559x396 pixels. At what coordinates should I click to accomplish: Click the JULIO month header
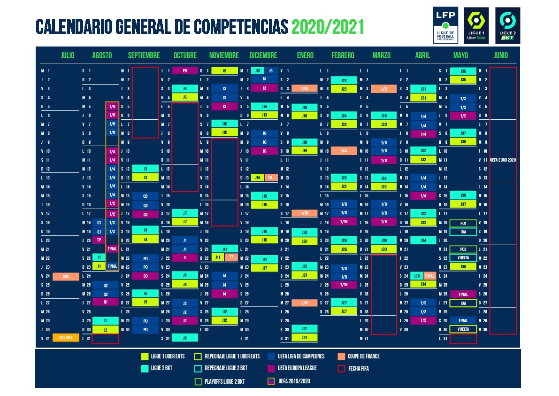[68, 55]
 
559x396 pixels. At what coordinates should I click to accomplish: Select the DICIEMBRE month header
[263, 55]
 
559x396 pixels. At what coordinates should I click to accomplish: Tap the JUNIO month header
[501, 55]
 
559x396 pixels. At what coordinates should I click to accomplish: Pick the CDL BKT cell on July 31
[66, 338]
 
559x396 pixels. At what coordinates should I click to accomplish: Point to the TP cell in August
[99, 240]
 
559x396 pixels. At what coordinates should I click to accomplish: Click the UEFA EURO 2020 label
[503, 160]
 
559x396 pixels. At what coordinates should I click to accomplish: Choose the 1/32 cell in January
[305, 89]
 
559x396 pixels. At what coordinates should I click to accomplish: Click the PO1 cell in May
[463, 223]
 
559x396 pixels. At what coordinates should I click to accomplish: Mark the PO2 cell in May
[463, 249]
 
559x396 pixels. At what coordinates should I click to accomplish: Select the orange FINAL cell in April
[429, 276]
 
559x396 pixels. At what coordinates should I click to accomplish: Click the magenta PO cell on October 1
[185, 71]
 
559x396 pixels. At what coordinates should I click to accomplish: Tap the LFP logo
[445, 25]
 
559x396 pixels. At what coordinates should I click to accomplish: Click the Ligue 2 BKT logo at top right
[507, 25]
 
